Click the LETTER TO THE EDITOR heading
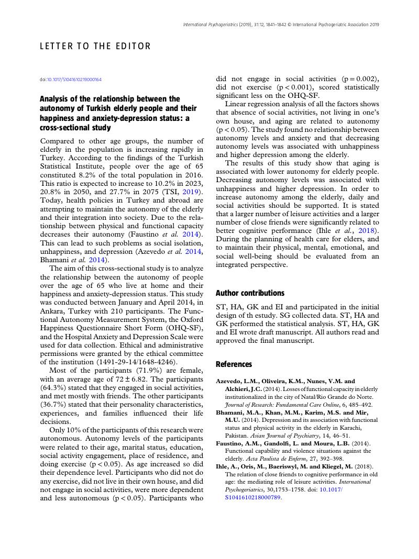(x=95, y=47)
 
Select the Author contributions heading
(x=250, y=293)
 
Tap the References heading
(x=234, y=364)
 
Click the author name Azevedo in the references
(x=231, y=382)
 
